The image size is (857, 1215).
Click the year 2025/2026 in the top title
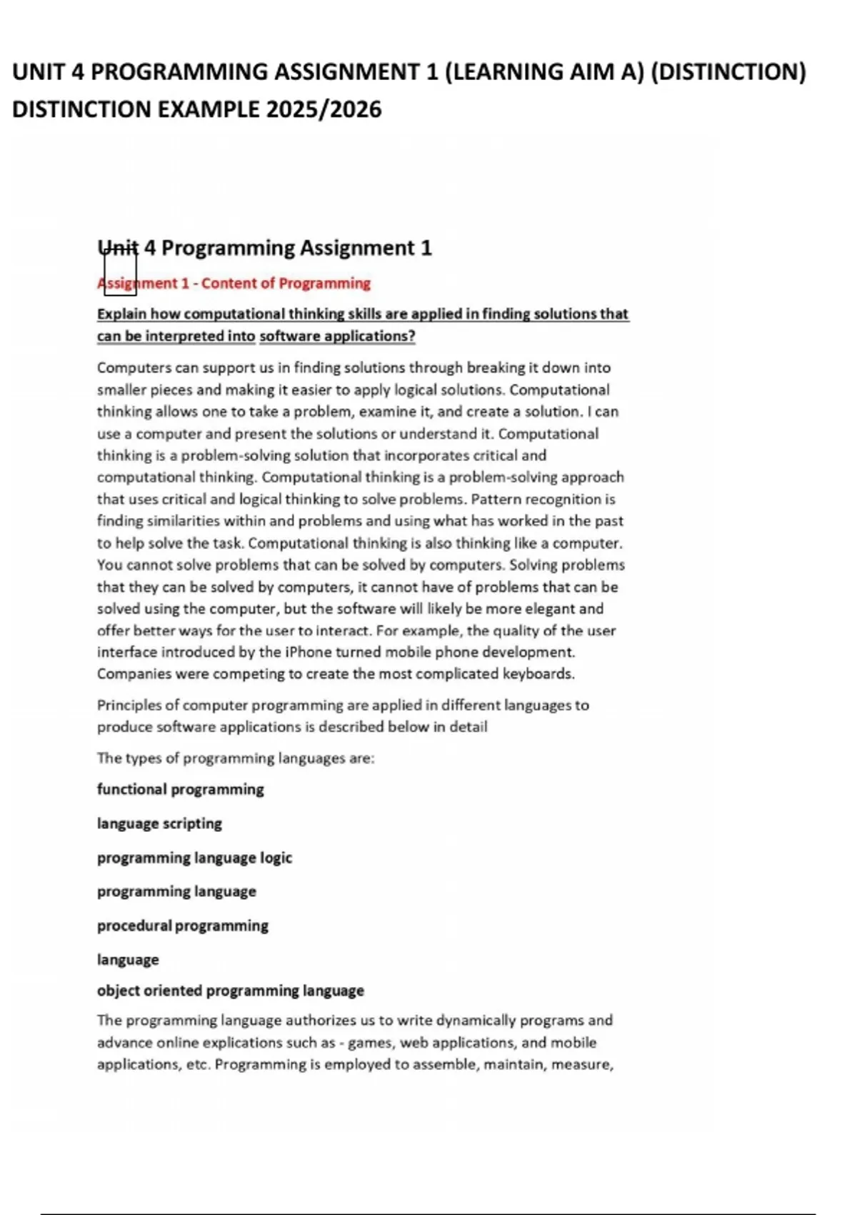click(324, 109)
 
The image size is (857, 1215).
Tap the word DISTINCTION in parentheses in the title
click(729, 71)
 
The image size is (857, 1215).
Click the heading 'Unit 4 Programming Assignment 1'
click(264, 248)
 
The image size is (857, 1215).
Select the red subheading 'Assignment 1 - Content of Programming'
click(234, 283)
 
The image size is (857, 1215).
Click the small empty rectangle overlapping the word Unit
click(120, 274)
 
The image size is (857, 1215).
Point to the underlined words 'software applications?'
click(337, 336)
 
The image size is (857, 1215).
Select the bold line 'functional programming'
click(180, 789)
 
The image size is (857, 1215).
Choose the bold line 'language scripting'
click(159, 823)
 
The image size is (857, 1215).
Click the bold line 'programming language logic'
click(194, 858)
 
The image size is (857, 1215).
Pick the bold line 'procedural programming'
click(182, 926)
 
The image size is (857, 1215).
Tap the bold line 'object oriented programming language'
click(230, 991)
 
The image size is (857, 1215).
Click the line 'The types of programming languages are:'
click(236, 758)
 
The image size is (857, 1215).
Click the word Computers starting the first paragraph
click(134, 367)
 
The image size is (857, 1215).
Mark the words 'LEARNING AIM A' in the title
click(545, 71)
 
